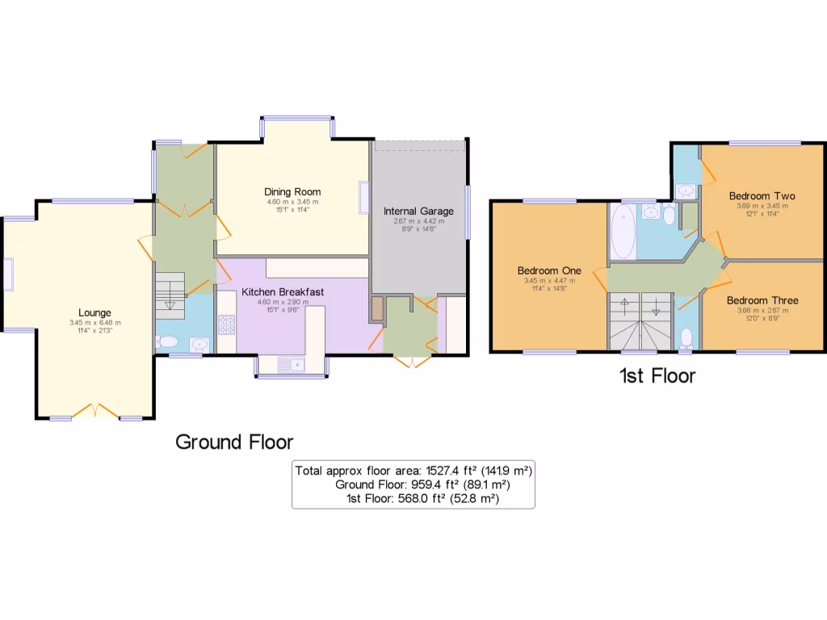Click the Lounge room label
click(x=94, y=312)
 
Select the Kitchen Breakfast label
click(x=283, y=291)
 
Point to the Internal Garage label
click(x=418, y=212)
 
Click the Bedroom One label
click(x=549, y=270)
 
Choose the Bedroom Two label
click(x=762, y=195)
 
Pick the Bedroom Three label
click(x=762, y=300)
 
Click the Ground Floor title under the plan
click(x=234, y=442)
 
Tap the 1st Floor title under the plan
click(x=657, y=375)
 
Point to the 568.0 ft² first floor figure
click(x=431, y=499)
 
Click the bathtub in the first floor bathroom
click(x=623, y=232)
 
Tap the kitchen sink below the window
click(x=290, y=365)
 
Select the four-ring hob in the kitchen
click(x=226, y=325)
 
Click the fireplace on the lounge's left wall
click(x=8, y=273)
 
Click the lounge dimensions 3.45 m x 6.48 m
click(x=94, y=323)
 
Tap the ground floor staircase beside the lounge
click(x=170, y=292)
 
